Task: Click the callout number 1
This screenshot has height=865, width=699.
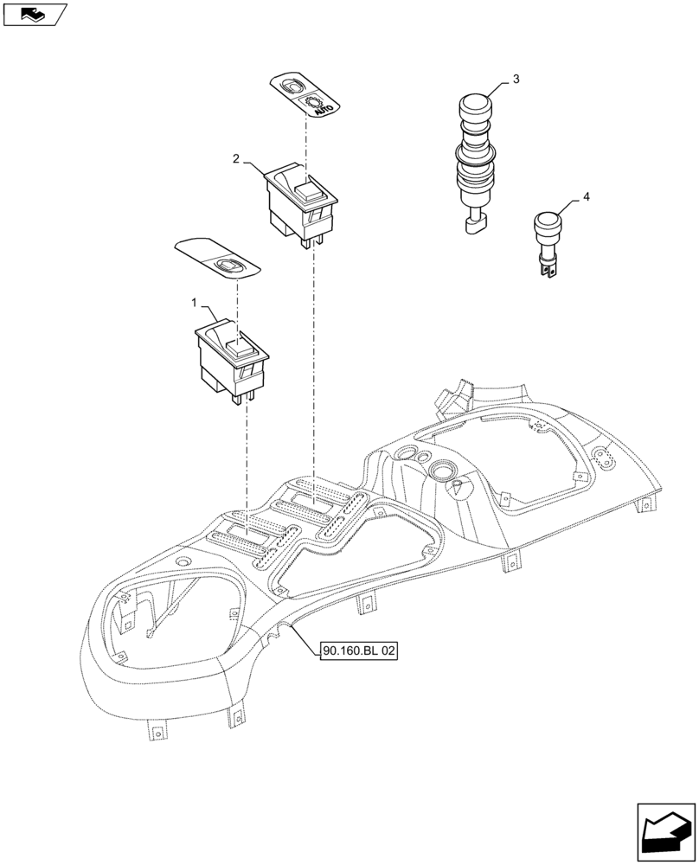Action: coord(196,304)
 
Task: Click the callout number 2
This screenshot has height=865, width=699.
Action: coord(236,158)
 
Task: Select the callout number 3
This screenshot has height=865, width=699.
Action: coord(516,80)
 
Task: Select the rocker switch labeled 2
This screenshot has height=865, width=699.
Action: coord(299,201)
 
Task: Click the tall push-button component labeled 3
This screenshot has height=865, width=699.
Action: coord(477,156)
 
